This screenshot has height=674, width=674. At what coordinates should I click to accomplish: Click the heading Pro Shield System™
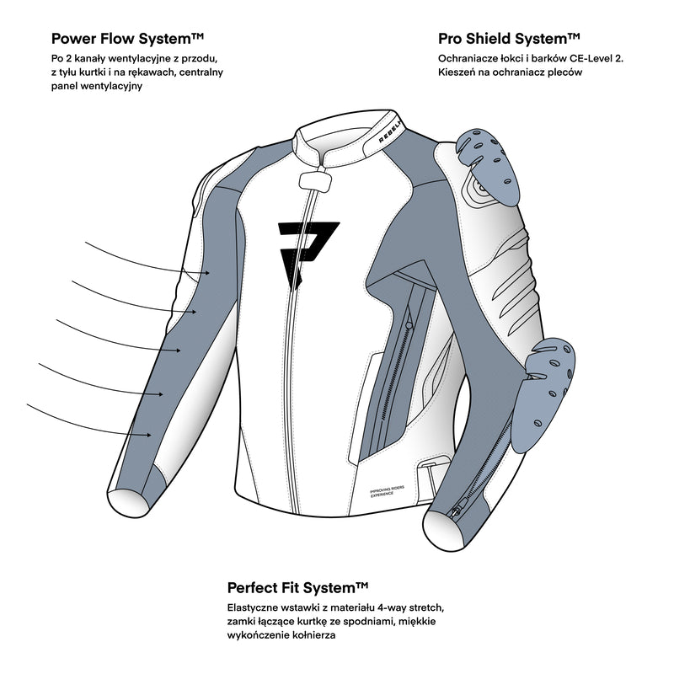point(509,39)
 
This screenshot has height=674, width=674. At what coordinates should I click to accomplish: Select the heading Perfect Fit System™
point(298,587)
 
